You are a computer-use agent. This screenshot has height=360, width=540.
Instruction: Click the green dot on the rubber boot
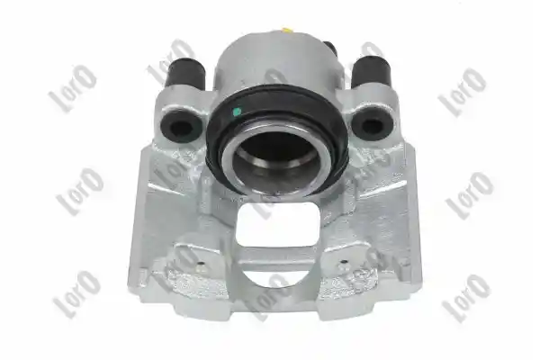pos(237,112)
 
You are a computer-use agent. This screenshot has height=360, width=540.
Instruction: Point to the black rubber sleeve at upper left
pos(185,75)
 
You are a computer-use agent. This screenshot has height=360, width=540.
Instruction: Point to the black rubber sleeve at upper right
pos(372,73)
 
